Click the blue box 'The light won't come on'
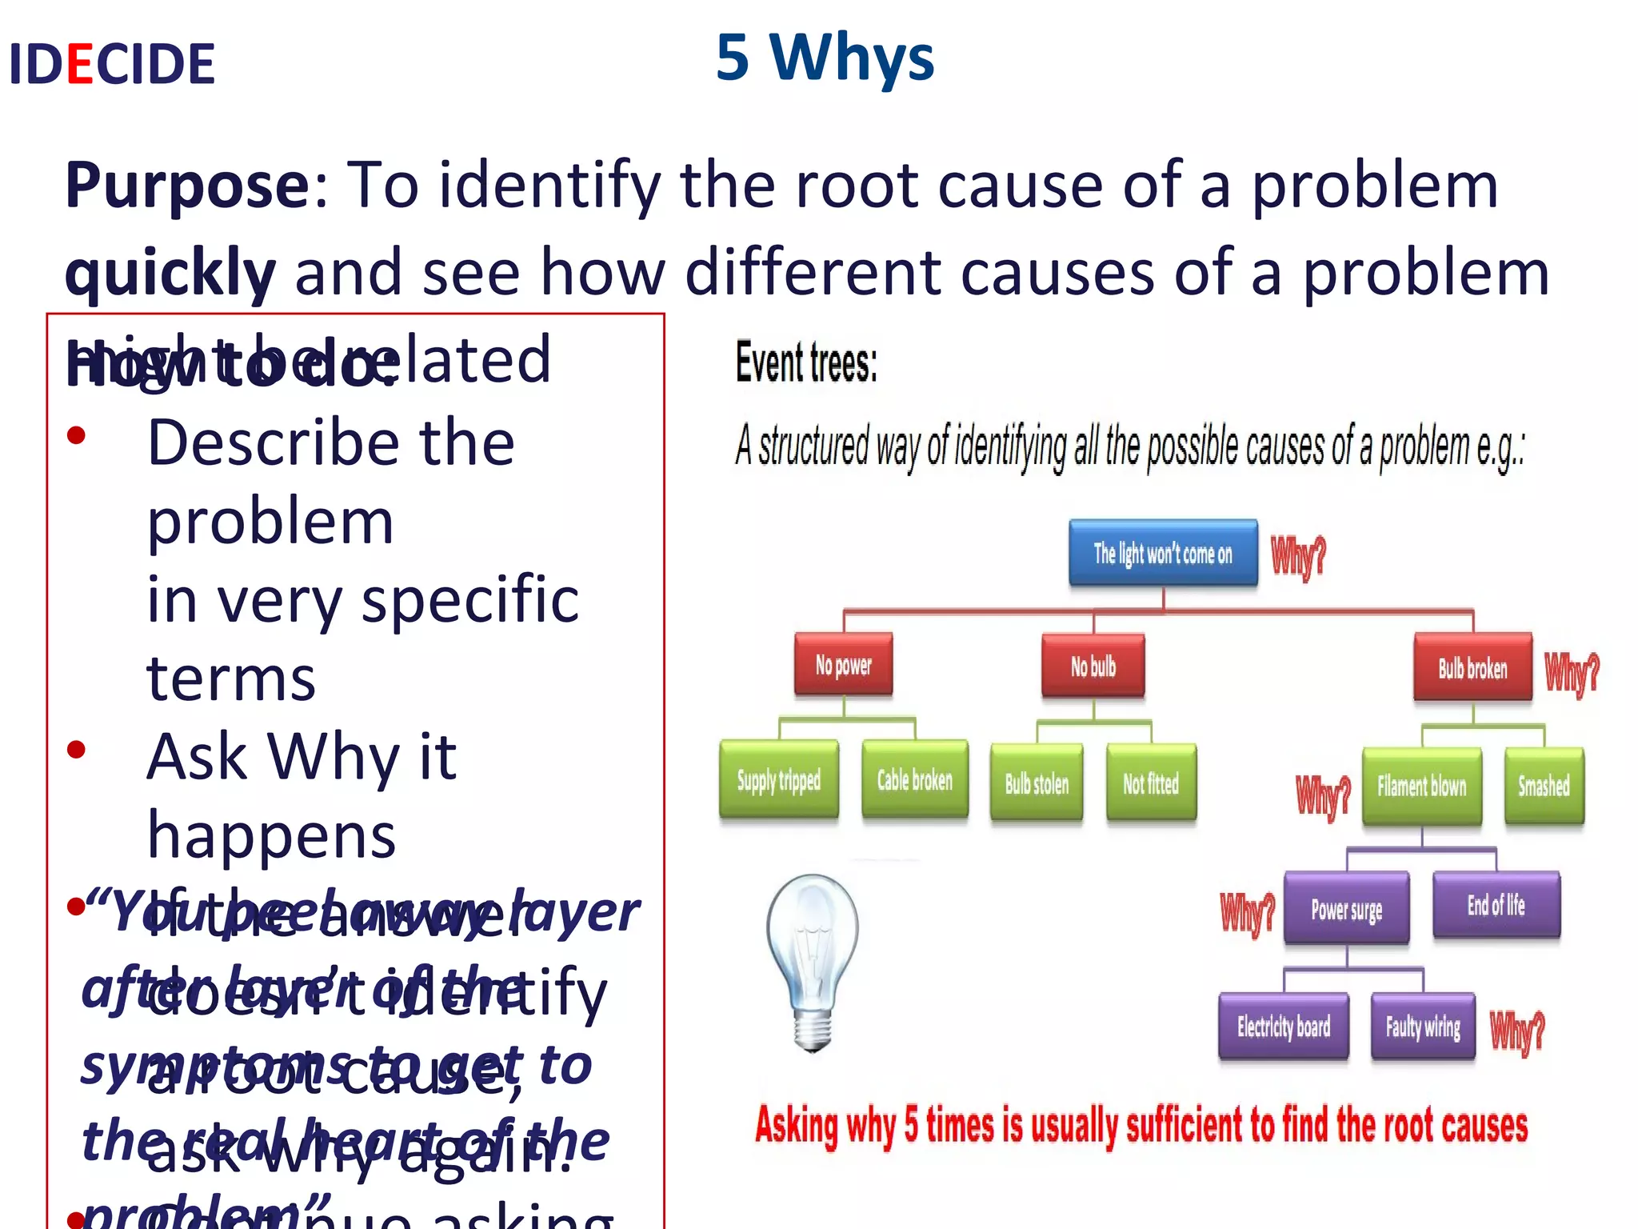1163,553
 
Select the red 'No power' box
843,664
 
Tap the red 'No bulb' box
1093,666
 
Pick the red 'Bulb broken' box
1472,667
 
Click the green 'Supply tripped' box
779,780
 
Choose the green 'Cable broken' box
914,780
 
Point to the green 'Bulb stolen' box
1037,783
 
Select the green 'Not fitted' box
1151,783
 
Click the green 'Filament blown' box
1421,786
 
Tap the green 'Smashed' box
1544,786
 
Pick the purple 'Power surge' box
1346,909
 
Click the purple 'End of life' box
1496,905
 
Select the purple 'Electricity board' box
1283,1026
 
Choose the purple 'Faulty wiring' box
1423,1026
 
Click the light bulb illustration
812,960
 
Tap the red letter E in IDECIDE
80,64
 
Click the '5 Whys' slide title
825,58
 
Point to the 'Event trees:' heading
806,362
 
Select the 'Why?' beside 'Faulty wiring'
1517,1031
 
